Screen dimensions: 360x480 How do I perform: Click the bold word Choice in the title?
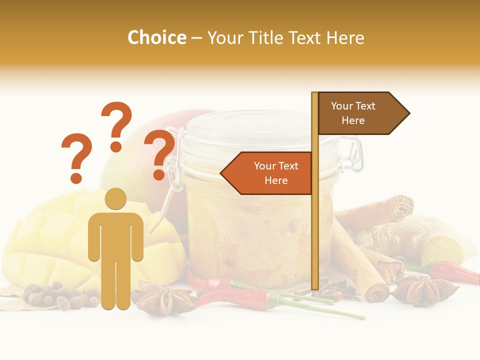[x=156, y=38]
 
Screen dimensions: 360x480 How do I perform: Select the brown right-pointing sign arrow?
[x=363, y=113]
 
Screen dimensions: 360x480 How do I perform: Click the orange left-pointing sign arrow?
[x=267, y=173]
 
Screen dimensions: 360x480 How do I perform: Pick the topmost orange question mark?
[x=116, y=125]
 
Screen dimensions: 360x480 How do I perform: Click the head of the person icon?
[x=116, y=198]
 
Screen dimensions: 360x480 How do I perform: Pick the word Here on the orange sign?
[x=276, y=180]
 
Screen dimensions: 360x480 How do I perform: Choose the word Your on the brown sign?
[x=342, y=106]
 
